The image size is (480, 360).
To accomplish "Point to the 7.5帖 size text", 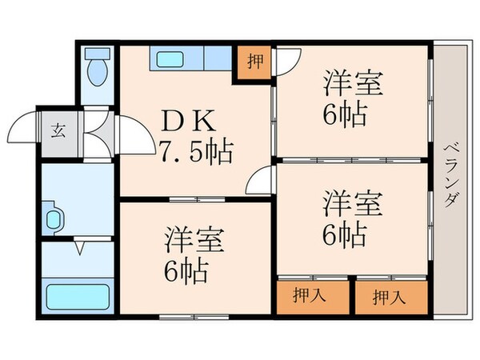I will [x=196, y=149].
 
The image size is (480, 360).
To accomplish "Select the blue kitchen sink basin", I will [x=170, y=59].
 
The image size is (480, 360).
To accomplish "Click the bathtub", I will [x=77, y=298].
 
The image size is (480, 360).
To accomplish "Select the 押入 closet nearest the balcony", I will [x=390, y=298].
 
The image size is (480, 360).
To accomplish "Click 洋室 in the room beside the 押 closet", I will [x=353, y=83].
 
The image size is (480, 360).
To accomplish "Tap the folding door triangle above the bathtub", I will [x=78, y=249].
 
